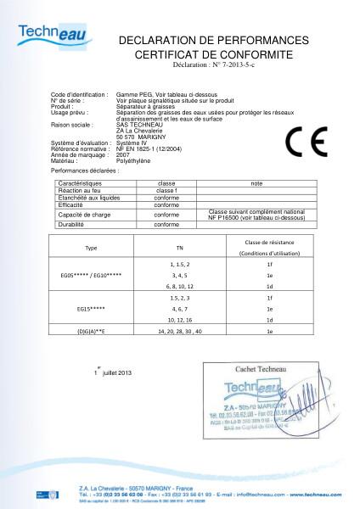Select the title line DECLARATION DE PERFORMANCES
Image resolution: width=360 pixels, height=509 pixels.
(213, 41)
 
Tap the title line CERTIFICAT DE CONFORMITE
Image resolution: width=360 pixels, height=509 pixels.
(213, 54)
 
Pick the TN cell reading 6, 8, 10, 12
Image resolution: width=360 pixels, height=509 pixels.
(178, 288)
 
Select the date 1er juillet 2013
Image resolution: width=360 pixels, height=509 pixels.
(113, 373)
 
